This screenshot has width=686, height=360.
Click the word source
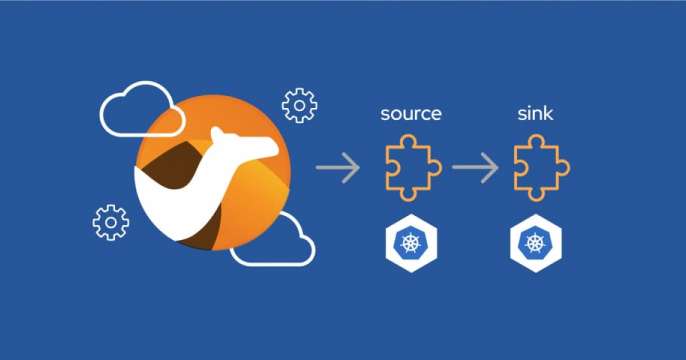point(411,114)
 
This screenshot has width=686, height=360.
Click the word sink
point(535,113)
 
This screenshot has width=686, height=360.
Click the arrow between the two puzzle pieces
point(475,168)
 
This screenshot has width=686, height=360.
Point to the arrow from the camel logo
point(338,168)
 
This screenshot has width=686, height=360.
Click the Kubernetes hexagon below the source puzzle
point(411,243)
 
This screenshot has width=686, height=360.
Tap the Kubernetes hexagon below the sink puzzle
point(536,243)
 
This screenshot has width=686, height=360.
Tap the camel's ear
point(217,133)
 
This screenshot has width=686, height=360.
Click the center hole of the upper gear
point(300,105)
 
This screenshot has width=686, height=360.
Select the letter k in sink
point(549,113)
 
